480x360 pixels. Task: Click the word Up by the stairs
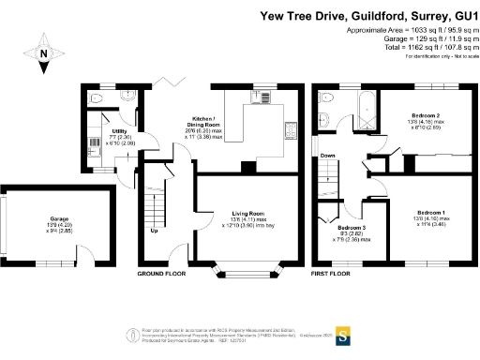[154, 231]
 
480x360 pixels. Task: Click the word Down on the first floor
[327, 156]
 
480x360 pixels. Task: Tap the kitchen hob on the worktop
[289, 131]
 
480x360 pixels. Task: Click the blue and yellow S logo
[344, 333]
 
